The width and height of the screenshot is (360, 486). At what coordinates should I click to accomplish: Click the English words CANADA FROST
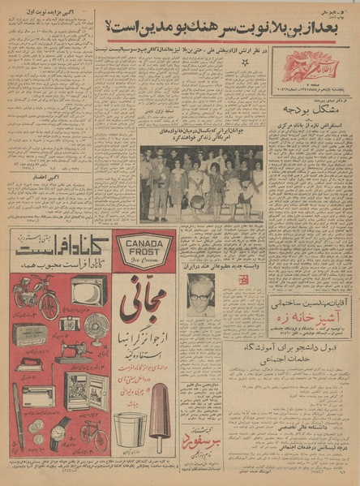tap(144, 247)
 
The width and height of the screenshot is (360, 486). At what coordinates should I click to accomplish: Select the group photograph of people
tap(201, 183)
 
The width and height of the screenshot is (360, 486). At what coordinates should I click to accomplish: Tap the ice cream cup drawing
tap(131, 431)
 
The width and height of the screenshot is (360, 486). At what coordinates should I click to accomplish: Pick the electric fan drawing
tap(96, 325)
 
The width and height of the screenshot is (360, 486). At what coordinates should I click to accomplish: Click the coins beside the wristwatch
tap(37, 429)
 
